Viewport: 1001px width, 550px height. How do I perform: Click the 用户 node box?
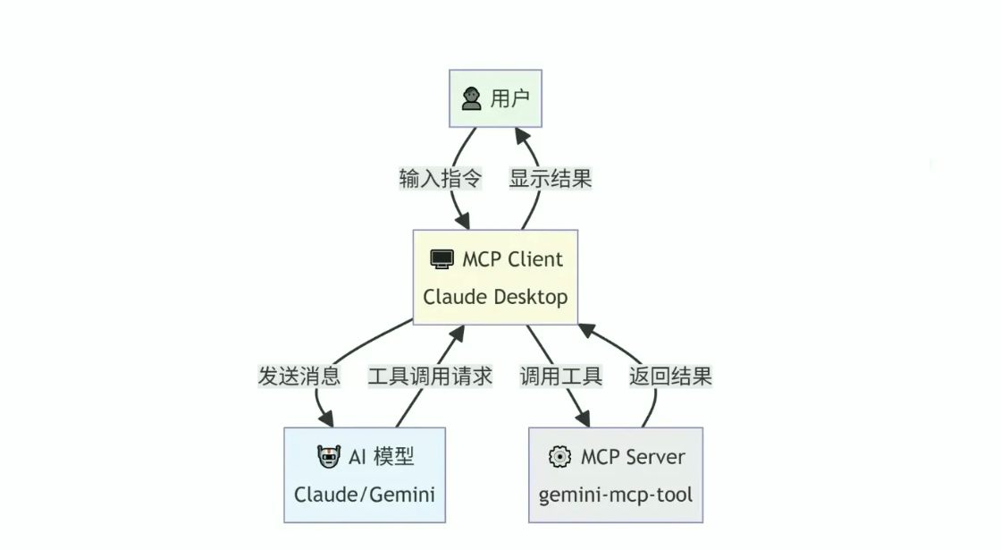(x=495, y=98)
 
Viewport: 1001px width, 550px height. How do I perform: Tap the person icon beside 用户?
(x=472, y=98)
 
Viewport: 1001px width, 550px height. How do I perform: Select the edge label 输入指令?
(x=440, y=178)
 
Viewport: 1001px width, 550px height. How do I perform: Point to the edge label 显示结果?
(x=551, y=178)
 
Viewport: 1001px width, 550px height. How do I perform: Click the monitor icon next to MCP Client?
(x=442, y=259)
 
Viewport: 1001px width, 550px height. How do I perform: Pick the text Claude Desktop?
(x=495, y=297)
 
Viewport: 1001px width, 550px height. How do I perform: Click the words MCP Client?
(x=512, y=259)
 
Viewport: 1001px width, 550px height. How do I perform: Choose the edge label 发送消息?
(x=299, y=376)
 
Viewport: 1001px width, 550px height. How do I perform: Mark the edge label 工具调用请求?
(x=430, y=376)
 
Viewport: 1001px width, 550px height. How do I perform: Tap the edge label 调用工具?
(x=561, y=376)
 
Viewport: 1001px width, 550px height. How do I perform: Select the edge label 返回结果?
(x=670, y=376)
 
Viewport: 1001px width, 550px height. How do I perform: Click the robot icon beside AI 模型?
(x=329, y=457)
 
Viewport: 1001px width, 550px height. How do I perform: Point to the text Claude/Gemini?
(x=365, y=494)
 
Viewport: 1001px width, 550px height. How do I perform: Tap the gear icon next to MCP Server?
(x=559, y=457)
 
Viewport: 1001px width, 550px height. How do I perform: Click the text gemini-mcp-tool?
(x=616, y=494)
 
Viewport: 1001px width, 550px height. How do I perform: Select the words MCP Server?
(x=633, y=457)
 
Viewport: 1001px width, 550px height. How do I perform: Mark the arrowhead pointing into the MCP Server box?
(x=583, y=419)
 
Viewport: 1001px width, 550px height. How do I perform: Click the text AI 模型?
(x=381, y=457)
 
